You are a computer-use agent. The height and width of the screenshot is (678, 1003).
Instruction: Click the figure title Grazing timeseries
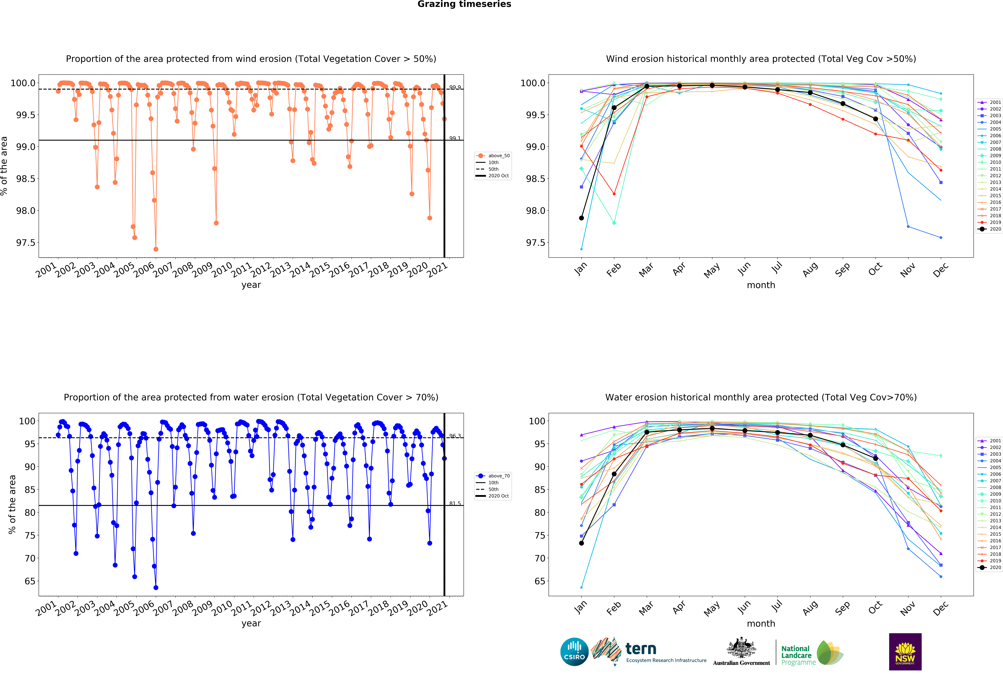pyautogui.click(x=464, y=4)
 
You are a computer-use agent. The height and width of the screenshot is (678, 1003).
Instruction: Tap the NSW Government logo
pyautogui.click(x=905, y=652)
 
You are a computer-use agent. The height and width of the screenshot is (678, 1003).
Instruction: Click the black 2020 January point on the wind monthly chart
pyautogui.click(x=581, y=218)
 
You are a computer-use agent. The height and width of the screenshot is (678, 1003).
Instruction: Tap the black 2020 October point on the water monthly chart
pyautogui.click(x=875, y=459)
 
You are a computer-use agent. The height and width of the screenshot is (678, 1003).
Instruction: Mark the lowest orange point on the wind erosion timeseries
pyautogui.click(x=156, y=249)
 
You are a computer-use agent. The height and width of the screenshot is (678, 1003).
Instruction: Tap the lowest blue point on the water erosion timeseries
pyautogui.click(x=156, y=587)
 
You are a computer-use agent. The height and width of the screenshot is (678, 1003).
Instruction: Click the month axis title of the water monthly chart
pyautogui.click(x=761, y=624)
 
